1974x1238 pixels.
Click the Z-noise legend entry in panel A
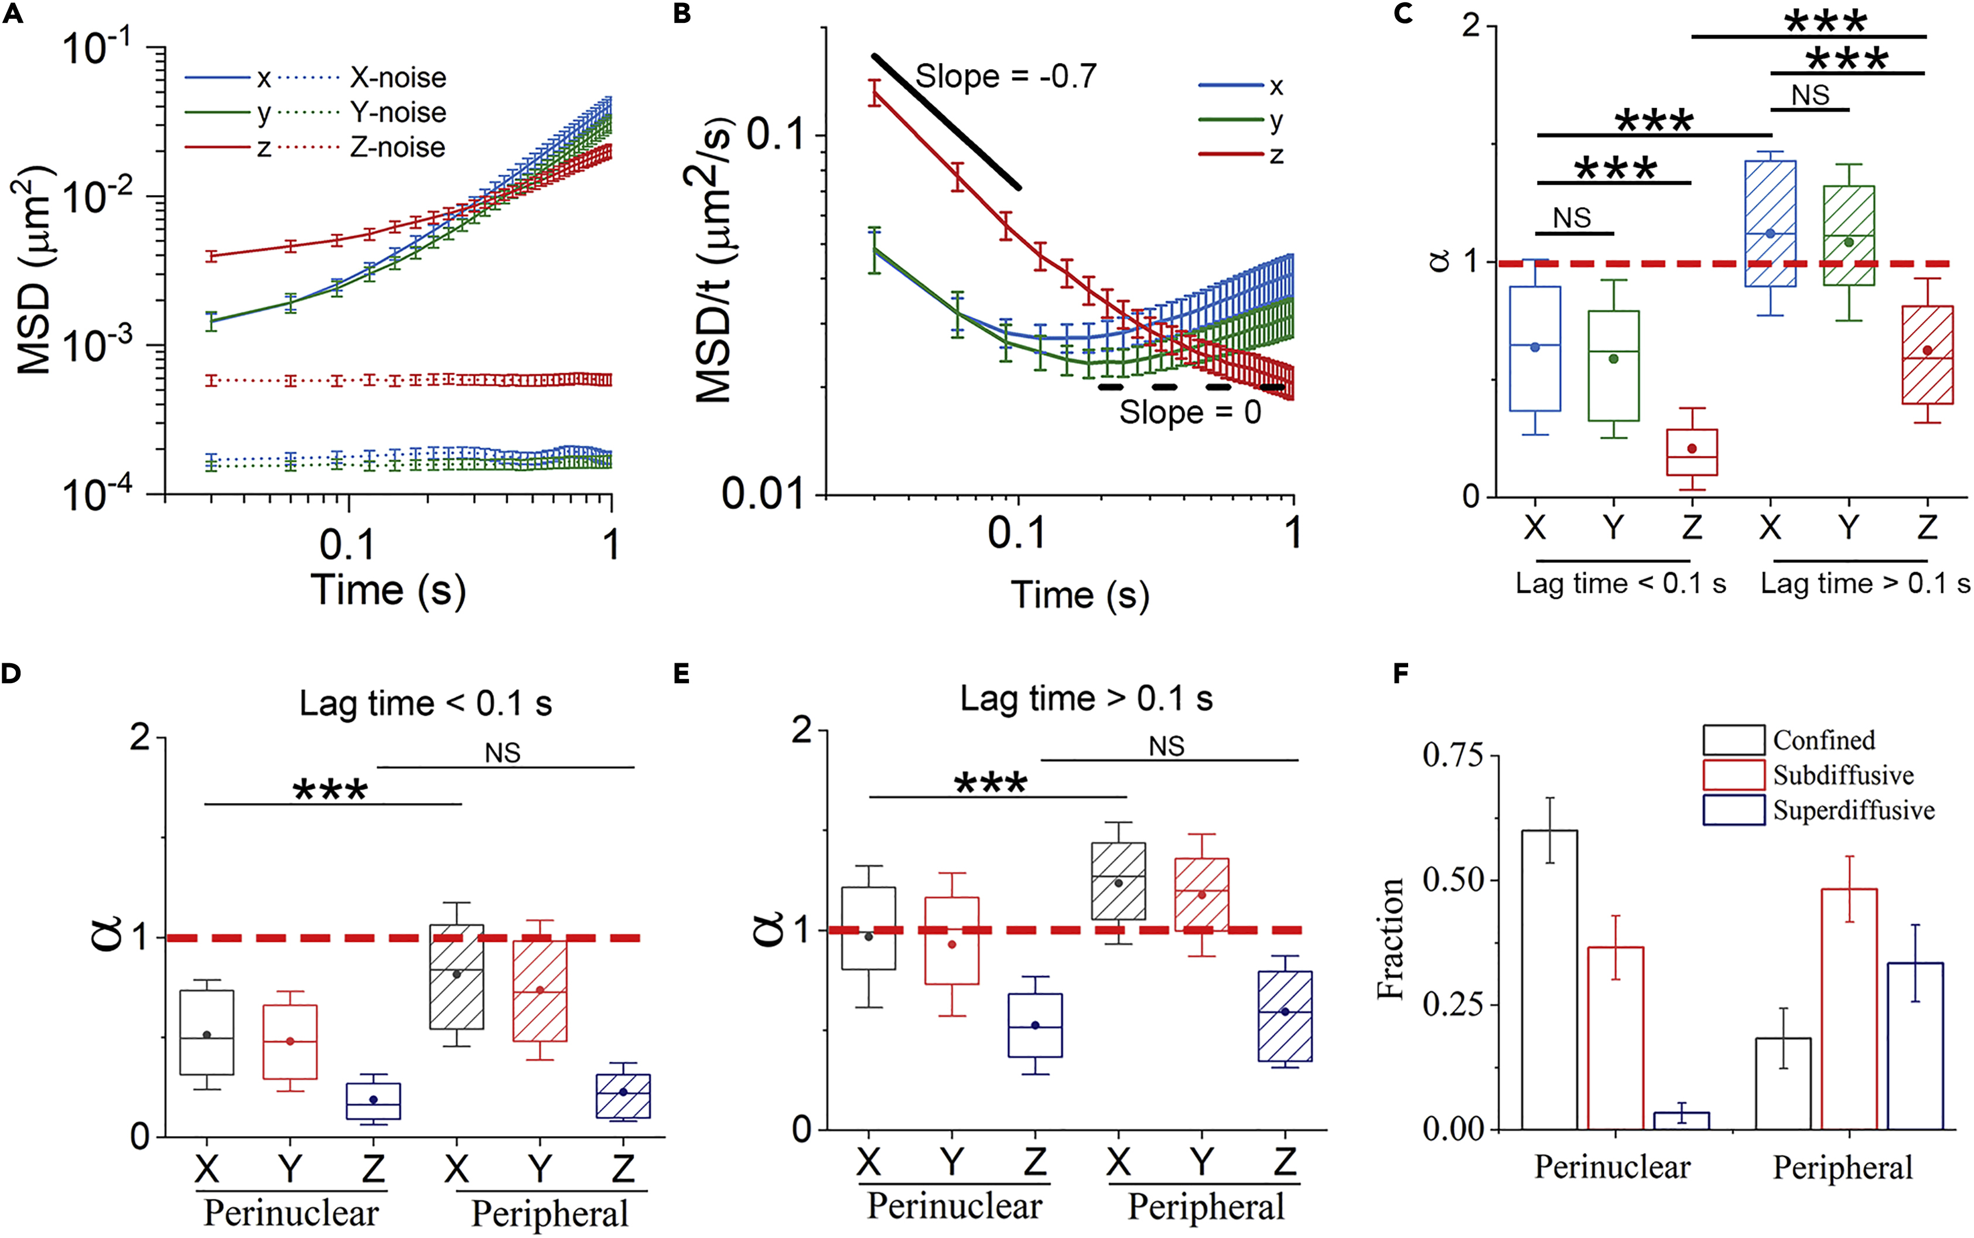[397, 148]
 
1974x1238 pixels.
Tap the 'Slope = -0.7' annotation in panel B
[1005, 76]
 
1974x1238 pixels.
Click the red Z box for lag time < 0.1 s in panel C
[1692, 452]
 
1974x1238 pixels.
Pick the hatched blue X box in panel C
[1770, 224]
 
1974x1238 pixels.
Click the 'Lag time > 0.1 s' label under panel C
[1864, 584]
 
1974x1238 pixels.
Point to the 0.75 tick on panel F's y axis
[1453, 755]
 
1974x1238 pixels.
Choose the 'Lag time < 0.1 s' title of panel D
[426, 703]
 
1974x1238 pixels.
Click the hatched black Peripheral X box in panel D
[457, 977]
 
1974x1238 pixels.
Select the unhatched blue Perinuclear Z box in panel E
[1034, 1025]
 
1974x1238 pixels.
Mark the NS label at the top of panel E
[1166, 746]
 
